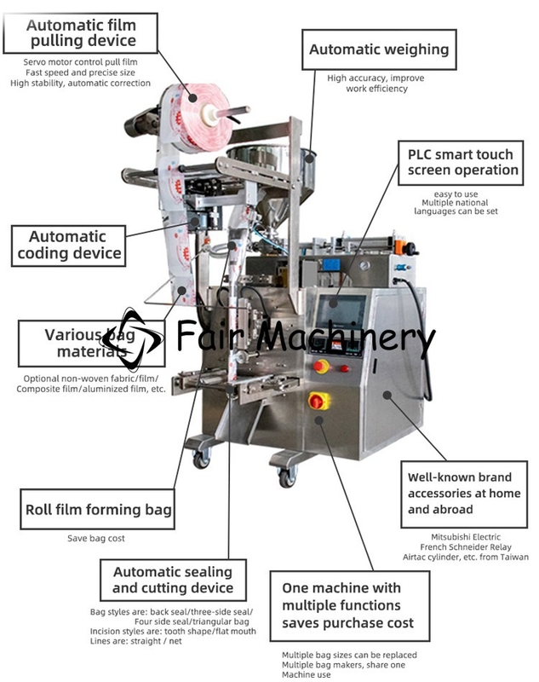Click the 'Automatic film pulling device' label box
click(x=80, y=33)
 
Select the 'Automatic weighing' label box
click(x=379, y=49)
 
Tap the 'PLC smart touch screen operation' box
click(x=461, y=163)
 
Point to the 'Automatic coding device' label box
click(x=68, y=246)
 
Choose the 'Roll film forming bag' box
click(x=98, y=509)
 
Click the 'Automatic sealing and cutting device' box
click(x=173, y=580)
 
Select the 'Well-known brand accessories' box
click(x=464, y=494)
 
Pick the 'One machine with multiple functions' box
click(x=350, y=606)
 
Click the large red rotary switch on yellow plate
click(x=318, y=401)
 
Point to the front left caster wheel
click(x=201, y=459)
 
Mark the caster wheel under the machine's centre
click(x=288, y=477)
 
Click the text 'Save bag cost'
click(x=96, y=539)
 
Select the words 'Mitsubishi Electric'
click(x=466, y=537)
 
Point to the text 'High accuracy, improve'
click(x=376, y=78)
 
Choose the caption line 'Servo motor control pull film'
click(x=80, y=62)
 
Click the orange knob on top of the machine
click(x=399, y=247)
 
